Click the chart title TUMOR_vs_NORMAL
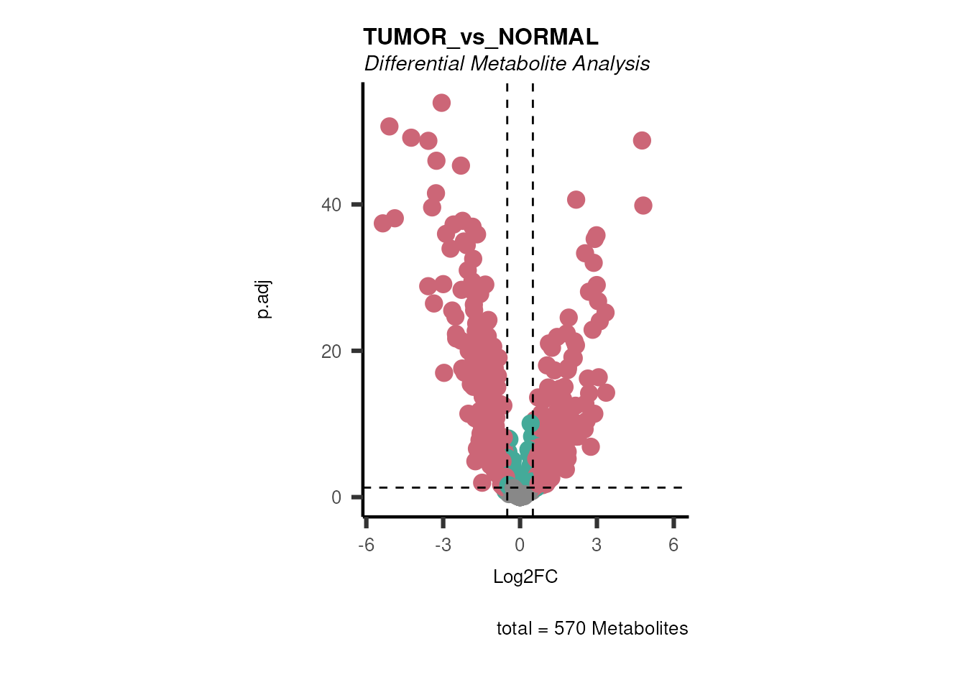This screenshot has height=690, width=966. pos(480,37)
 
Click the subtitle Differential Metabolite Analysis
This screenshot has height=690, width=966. pos(507,64)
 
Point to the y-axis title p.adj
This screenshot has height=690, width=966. pos(264,300)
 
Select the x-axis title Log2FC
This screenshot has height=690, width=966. pos(525,576)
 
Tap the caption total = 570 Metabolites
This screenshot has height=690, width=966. pos(592,628)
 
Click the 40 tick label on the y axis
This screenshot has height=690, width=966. pos(331,205)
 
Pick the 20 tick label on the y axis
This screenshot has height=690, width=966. pos(331,351)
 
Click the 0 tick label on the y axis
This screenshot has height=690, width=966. pos(336,497)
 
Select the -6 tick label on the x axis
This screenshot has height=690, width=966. pos(367,545)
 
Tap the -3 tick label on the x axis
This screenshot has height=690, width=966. pos(443,545)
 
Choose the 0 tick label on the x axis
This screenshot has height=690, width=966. pos(520,545)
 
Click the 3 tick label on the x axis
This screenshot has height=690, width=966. pos(597,545)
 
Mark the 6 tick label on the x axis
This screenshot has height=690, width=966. pos(673,545)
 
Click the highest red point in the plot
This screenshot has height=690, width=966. pos(441,103)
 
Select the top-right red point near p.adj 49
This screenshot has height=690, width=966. pos(642,140)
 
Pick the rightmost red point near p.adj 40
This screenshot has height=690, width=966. pos(643,206)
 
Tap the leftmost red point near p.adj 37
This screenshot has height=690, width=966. pos(382,224)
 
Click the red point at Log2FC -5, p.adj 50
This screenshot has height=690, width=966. pos(389,126)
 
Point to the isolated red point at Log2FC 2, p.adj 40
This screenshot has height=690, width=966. pos(576,200)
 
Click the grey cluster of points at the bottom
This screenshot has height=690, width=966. pos(519,494)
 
